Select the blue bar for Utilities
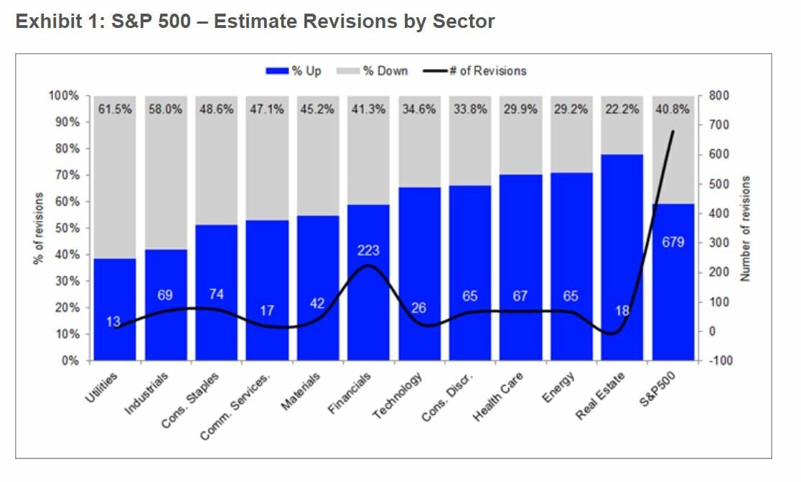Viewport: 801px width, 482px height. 114,308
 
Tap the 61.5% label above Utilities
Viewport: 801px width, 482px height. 114,110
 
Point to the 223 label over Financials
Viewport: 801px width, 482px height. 368,250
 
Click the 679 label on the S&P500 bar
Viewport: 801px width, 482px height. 673,242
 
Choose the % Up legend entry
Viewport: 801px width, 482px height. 294,71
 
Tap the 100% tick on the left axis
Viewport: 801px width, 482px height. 65,96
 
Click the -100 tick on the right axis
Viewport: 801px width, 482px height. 719,361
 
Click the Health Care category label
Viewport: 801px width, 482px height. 500,396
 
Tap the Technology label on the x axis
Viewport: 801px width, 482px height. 398,396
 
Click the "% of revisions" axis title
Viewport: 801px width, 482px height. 39,228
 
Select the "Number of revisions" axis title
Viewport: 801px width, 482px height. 746,228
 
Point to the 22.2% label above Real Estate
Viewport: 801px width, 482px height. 622,110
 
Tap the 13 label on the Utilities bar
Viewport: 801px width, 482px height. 113,322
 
